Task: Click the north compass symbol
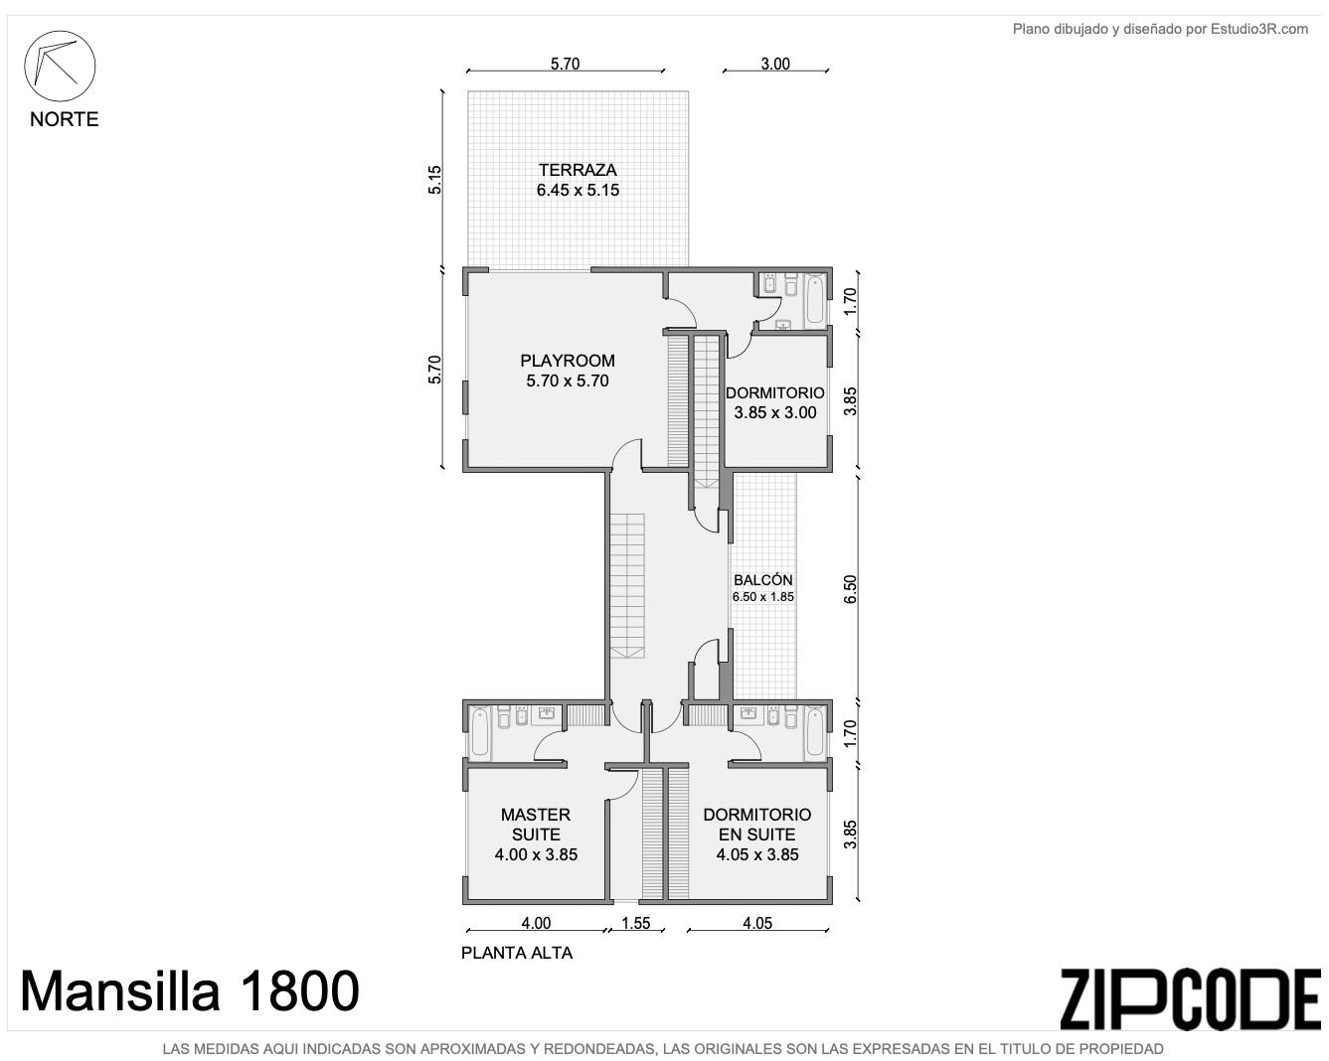(x=60, y=66)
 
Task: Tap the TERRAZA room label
(x=578, y=170)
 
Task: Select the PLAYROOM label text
(x=568, y=361)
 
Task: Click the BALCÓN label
(x=762, y=580)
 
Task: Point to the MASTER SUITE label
(x=536, y=824)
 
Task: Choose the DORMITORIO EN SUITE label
(x=757, y=824)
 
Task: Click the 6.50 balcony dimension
(x=851, y=589)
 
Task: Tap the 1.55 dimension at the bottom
(x=636, y=923)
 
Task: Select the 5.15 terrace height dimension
(x=434, y=180)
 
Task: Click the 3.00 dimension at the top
(x=775, y=64)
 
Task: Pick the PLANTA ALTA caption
(x=517, y=953)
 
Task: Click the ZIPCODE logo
(x=1190, y=999)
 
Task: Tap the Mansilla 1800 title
(x=190, y=991)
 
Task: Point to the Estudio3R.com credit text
(x=1160, y=29)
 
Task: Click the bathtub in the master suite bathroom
(x=480, y=733)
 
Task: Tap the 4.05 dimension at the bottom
(x=757, y=923)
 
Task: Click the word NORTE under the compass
(x=65, y=119)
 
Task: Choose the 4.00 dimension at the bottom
(x=536, y=923)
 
